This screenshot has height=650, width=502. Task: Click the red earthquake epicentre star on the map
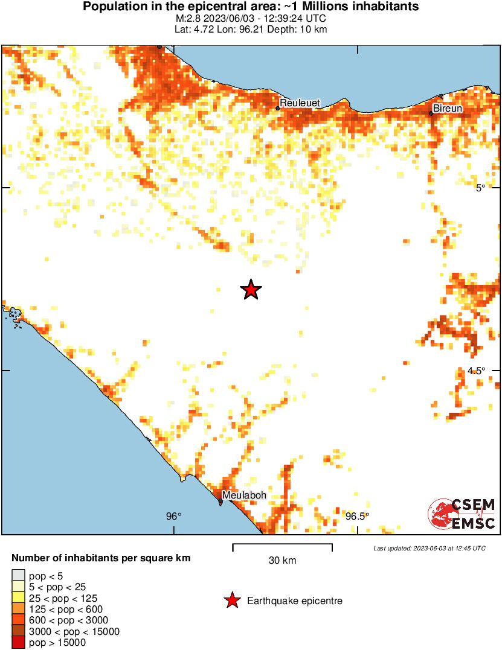[251, 290]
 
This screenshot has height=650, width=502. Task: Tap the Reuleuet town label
[300, 103]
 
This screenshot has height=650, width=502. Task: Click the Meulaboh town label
[244, 495]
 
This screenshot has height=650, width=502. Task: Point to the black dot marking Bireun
[431, 113]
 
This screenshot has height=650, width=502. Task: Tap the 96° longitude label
[173, 516]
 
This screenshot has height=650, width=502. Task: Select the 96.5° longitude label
[357, 516]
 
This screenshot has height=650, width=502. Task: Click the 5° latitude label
[480, 188]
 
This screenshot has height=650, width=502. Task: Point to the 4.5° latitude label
[476, 371]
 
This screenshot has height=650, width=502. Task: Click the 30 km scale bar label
[282, 561]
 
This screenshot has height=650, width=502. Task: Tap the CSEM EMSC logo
[462, 514]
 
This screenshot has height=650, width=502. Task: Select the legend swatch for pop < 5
[18, 576]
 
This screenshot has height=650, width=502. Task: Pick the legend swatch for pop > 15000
[18, 643]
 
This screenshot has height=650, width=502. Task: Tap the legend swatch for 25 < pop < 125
[18, 598]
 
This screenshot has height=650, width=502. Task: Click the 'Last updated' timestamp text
[429, 549]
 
